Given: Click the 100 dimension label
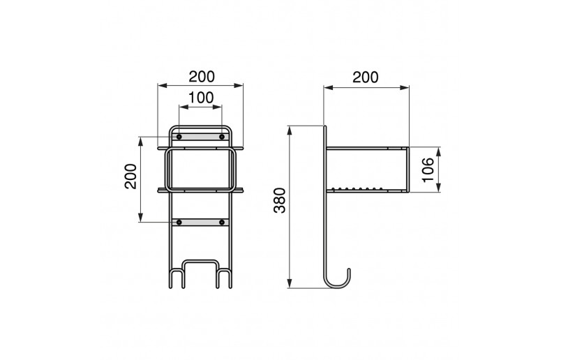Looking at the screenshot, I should pyautogui.click(x=201, y=98).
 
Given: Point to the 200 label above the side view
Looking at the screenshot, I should pyautogui.click(x=366, y=77).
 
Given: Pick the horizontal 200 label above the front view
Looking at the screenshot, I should pyautogui.click(x=201, y=75).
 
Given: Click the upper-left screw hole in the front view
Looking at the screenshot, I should pyautogui.click(x=179, y=137).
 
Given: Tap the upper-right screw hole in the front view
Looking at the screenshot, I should pyautogui.click(x=222, y=137).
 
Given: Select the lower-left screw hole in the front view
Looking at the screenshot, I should pyautogui.click(x=179, y=223).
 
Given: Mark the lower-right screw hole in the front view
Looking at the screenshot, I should pyautogui.click(x=222, y=223).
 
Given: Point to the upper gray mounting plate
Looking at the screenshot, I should pyautogui.click(x=201, y=137).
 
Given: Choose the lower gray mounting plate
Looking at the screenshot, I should pyautogui.click(x=201, y=223).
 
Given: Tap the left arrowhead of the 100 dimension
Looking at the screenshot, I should pyautogui.click(x=181, y=107).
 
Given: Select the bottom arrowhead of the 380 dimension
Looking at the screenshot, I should pyautogui.click(x=290, y=285).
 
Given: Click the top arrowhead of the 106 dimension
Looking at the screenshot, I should pyautogui.click(x=440, y=149).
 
